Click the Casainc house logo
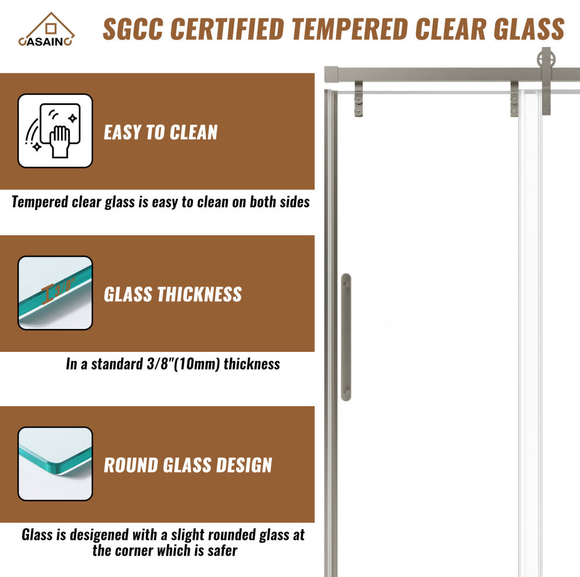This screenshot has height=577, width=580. point(46,30)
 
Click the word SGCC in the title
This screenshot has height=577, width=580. point(133,29)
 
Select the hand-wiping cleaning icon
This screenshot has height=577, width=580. point(55,131)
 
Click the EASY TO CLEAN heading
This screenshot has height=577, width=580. point(161,132)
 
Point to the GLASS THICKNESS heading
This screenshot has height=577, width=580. point(173,294)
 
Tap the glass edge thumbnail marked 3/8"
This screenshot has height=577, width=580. point(55,293)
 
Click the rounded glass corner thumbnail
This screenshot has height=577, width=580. point(55,464)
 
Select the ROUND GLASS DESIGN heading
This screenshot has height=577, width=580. point(188,465)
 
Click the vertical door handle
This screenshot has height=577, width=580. point(346,337)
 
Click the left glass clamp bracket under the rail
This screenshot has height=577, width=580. point(359,99)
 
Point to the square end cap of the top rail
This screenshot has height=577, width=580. point(332,74)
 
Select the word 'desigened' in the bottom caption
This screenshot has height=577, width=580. point(99,535)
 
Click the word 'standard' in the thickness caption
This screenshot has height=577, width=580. point(117,364)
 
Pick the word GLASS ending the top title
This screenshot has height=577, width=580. point(529,29)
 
